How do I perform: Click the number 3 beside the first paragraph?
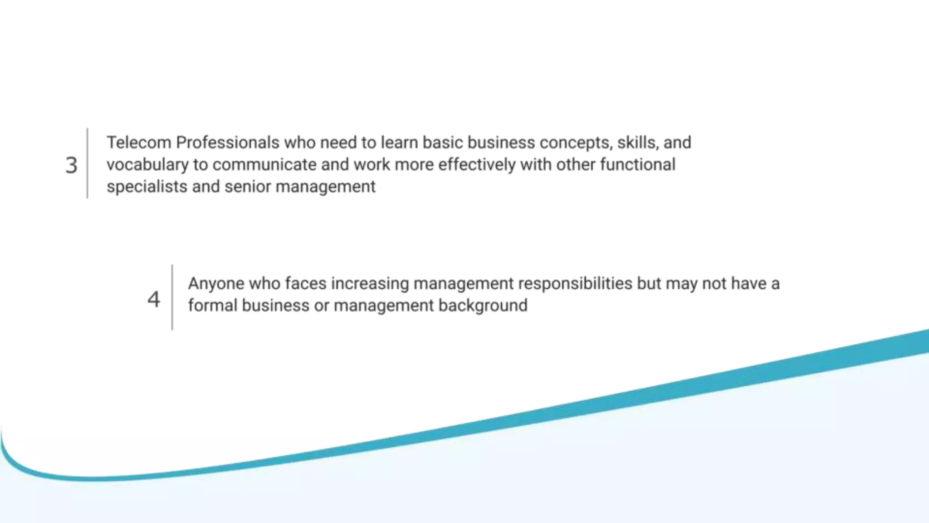(71, 165)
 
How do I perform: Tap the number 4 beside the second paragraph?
(154, 299)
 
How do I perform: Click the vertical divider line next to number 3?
(88, 163)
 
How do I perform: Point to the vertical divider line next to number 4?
(172, 297)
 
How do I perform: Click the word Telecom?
(139, 143)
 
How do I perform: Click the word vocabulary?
(147, 165)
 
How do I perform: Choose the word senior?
(248, 187)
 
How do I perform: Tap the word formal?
(213, 305)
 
